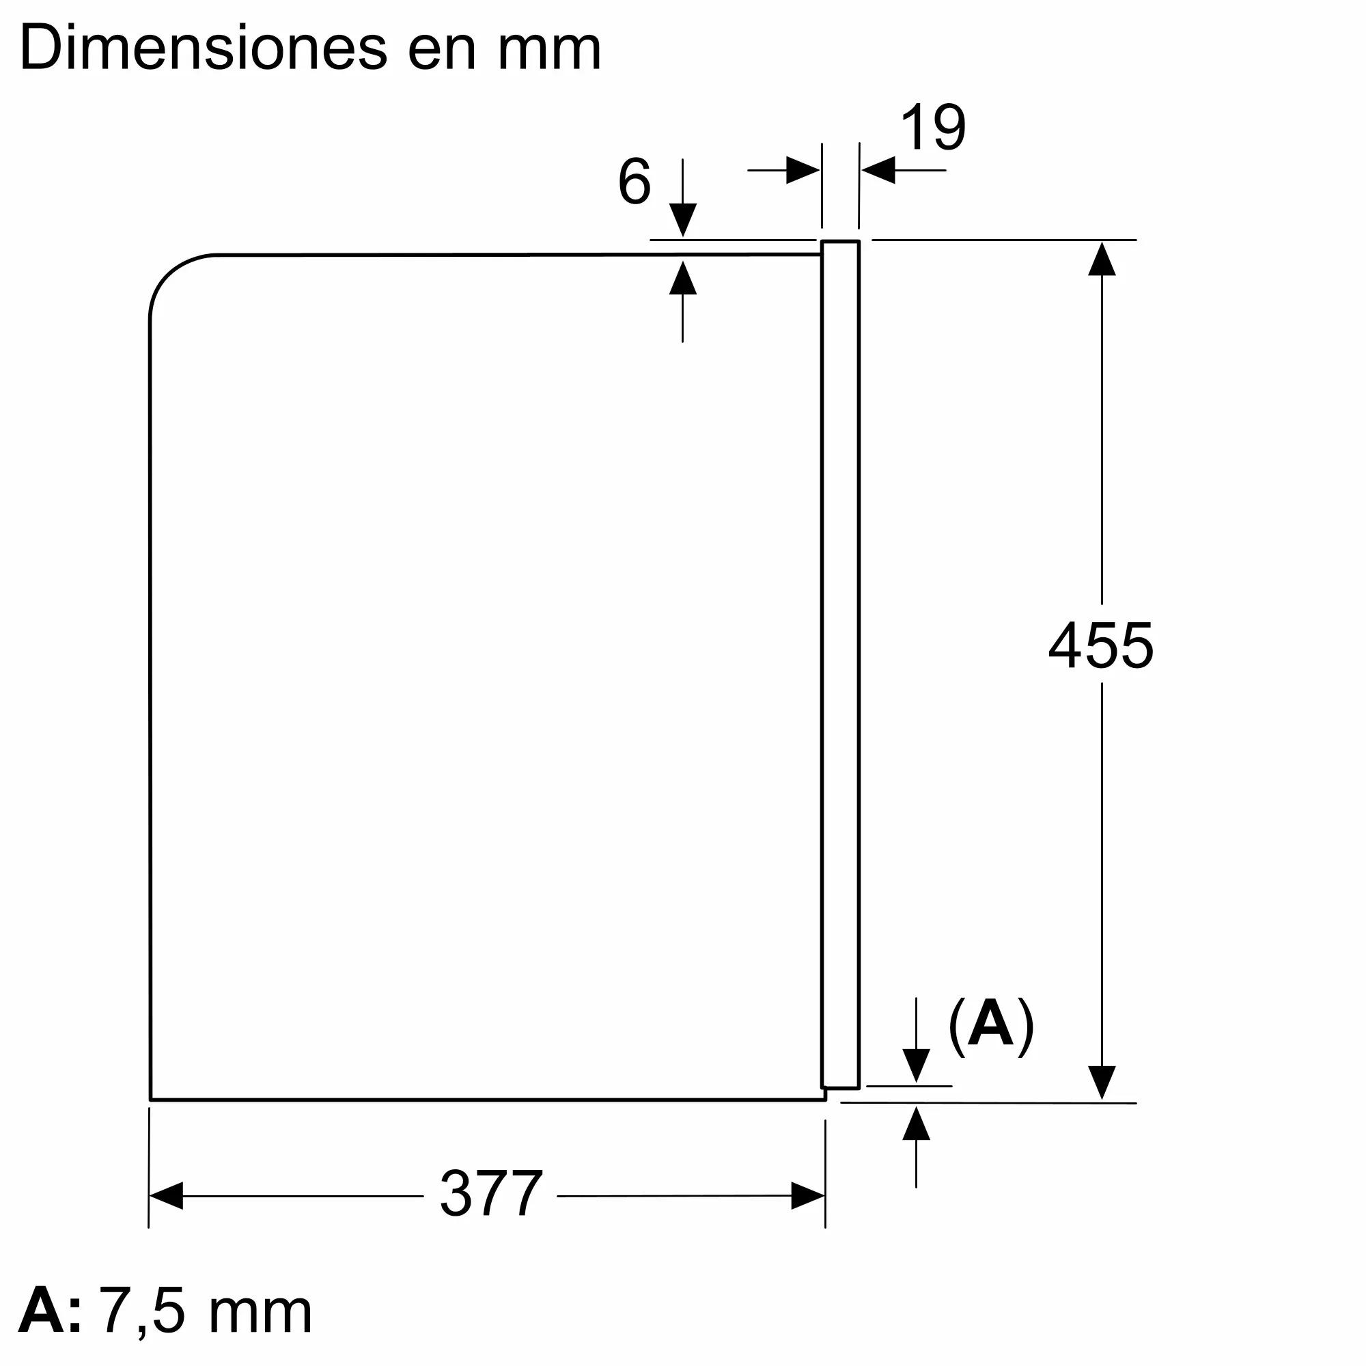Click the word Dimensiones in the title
click(203, 48)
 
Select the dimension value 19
click(932, 128)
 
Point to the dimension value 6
click(635, 182)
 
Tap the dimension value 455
click(1100, 645)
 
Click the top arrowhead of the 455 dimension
click(1102, 258)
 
